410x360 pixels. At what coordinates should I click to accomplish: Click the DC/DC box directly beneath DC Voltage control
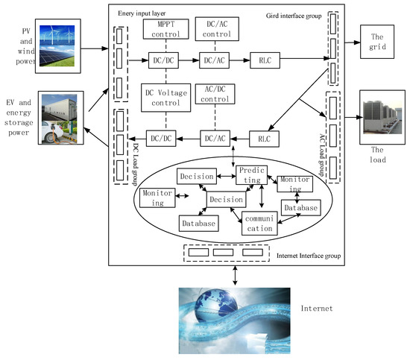pos(162,138)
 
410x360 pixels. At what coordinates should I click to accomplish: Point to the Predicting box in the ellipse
pos(252,176)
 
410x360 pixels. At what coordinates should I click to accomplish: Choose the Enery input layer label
pos(148,14)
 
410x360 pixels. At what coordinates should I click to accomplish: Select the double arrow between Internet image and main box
pos(236,275)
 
